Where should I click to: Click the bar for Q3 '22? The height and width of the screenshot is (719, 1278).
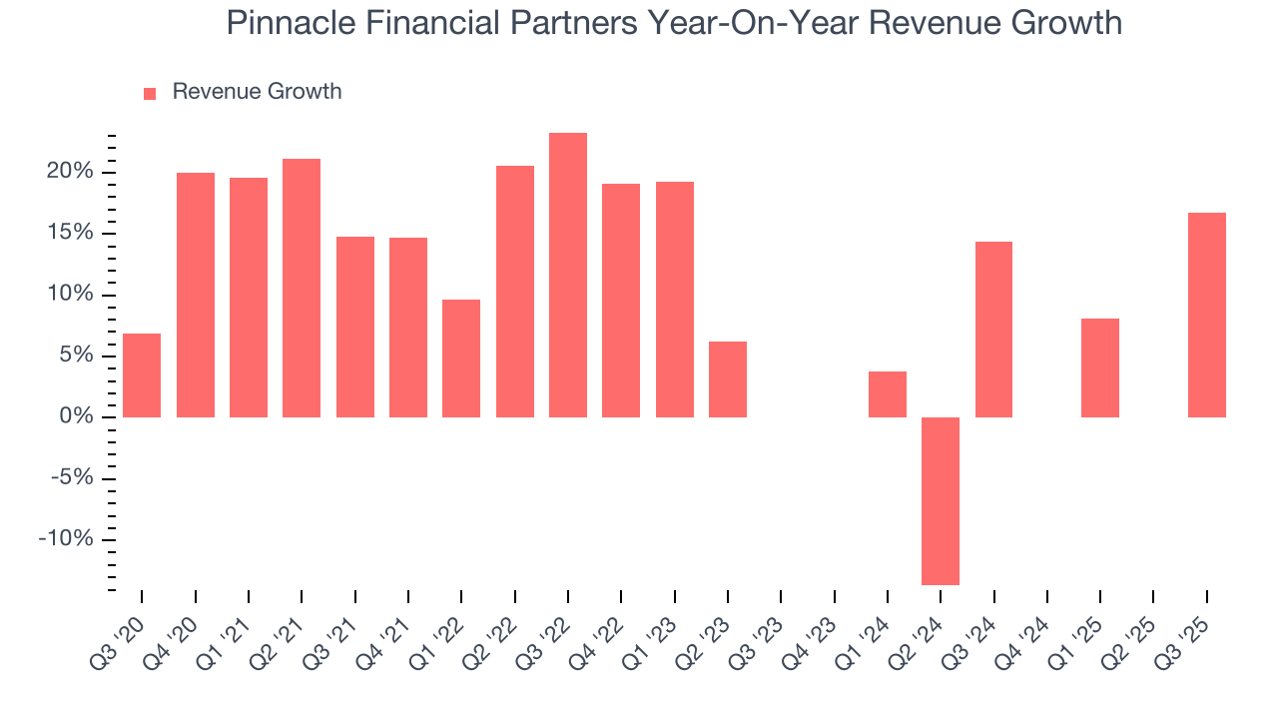pos(568,275)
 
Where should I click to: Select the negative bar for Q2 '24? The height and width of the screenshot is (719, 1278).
pos(941,500)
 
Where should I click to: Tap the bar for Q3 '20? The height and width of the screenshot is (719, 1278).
pos(142,375)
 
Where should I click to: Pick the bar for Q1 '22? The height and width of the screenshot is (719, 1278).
pos(461,359)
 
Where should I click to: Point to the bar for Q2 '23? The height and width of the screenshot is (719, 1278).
pos(728,379)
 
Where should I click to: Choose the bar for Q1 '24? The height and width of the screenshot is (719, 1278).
pos(888,394)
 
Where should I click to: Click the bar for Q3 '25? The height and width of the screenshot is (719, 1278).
pos(1207,315)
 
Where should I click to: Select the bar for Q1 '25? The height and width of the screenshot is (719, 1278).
pos(1100,367)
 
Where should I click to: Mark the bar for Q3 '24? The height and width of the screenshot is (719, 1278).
pos(993,330)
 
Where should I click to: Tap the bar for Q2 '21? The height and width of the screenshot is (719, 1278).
pos(302,288)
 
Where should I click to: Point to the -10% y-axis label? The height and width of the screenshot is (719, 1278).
pos(67,539)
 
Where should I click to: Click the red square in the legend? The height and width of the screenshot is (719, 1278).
pos(150,93)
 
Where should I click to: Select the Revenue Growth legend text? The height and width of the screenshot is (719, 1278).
pos(257,92)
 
